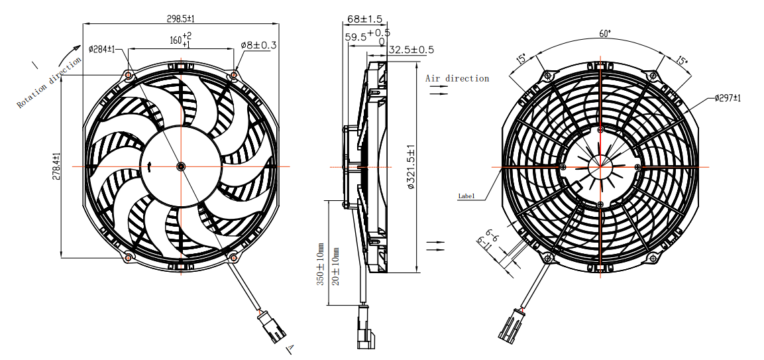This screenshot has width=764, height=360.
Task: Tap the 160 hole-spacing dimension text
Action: click(179, 40)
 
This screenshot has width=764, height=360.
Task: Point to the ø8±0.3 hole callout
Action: click(258, 45)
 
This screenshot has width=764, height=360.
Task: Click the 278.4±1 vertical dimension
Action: click(56, 166)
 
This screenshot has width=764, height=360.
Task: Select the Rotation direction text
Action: click(50, 82)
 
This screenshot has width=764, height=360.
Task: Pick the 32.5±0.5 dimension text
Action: click(411, 50)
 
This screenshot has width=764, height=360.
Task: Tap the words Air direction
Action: click(457, 78)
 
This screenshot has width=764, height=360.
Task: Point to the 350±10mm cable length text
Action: click(320, 265)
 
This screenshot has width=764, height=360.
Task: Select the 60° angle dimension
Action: click(604, 32)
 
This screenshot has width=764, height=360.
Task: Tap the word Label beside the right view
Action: click(466, 196)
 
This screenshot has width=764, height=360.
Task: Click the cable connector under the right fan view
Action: click(510, 325)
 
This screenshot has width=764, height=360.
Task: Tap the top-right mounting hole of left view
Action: click(233, 76)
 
